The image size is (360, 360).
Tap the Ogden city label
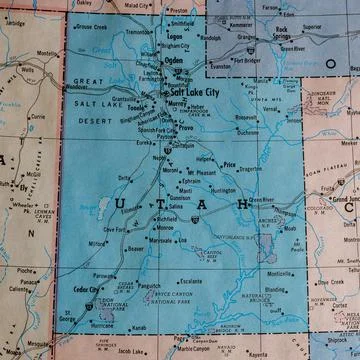174,60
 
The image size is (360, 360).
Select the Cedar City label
87,288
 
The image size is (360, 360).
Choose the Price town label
230,164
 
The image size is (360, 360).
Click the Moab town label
289,228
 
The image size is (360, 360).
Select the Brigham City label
174,46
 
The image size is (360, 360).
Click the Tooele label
136,106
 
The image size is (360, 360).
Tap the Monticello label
279,273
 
